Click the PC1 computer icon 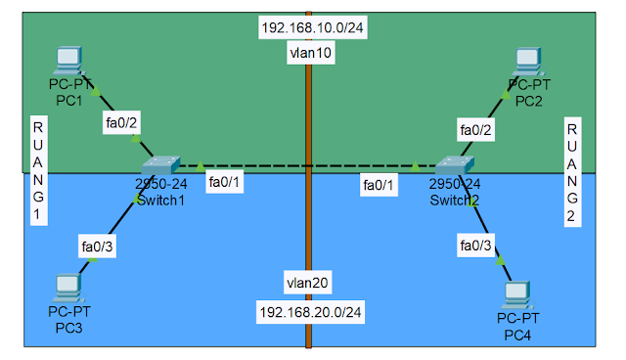click(x=69, y=61)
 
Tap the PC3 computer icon click(x=67, y=288)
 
